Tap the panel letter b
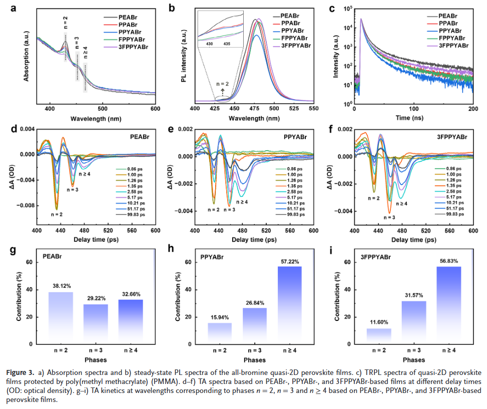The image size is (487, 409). point(171,8)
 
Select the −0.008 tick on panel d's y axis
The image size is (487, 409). point(26,205)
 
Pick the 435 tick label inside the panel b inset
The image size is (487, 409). point(227,44)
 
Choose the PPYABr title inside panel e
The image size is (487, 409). point(294,136)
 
